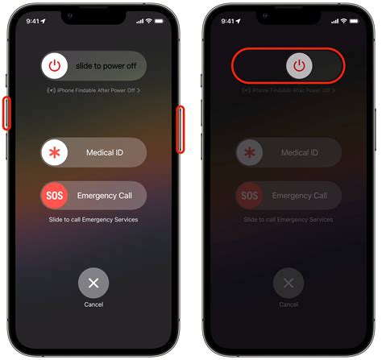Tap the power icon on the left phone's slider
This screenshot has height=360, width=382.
pyautogui.click(x=55, y=65)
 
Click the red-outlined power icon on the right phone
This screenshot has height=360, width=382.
pyautogui.click(x=298, y=65)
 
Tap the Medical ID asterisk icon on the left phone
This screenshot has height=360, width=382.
pyautogui.click(x=55, y=152)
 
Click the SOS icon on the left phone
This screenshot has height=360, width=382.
pyautogui.click(x=55, y=196)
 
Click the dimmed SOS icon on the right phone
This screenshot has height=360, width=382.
pyautogui.click(x=250, y=196)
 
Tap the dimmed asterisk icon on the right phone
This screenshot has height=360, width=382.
pyautogui.click(x=250, y=152)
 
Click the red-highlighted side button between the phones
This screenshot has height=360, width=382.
pyautogui.click(x=181, y=128)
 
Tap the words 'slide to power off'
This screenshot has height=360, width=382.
pyautogui.click(x=105, y=65)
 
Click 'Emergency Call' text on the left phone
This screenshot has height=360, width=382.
pyautogui.click(x=104, y=196)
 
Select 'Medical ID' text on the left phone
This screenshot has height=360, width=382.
pyautogui.click(x=104, y=152)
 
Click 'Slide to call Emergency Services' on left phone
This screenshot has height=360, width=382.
pyautogui.click(x=93, y=220)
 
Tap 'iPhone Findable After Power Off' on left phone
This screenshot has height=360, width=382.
pyautogui.click(x=93, y=90)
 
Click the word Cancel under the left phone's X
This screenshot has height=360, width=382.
pyautogui.click(x=93, y=304)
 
